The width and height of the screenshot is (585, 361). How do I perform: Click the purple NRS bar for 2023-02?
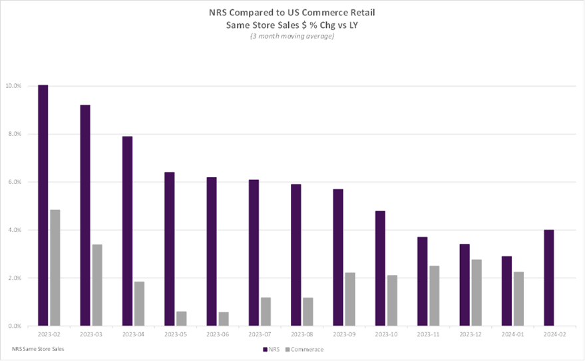coord(43,205)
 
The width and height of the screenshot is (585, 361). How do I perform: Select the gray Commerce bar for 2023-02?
coord(55,268)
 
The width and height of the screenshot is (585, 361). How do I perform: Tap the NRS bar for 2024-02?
coord(549,278)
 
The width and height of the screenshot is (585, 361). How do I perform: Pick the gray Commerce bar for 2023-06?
coord(224,319)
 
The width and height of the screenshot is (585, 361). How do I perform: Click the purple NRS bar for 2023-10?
coord(380,268)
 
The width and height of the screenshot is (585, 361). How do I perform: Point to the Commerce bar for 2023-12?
coord(477,292)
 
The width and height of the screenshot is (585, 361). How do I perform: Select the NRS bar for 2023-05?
coord(170,249)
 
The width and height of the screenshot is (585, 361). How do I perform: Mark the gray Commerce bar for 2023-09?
coord(350,299)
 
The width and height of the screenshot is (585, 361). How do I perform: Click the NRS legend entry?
coord(272,350)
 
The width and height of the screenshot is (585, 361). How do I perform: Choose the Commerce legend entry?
coord(304,350)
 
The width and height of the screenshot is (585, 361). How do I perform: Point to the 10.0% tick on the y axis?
coord(13,86)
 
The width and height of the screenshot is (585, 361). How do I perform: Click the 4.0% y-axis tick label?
coord(15,230)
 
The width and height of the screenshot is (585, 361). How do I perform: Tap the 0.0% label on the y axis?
coord(15,326)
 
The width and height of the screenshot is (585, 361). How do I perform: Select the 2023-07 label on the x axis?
coord(260,334)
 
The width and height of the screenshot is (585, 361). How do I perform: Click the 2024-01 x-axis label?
coord(512,334)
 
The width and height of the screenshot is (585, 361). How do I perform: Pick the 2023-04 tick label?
coord(133,334)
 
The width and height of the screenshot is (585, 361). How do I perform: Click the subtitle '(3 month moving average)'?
coord(292,36)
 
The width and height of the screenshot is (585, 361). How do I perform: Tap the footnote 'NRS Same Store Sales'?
coord(38,349)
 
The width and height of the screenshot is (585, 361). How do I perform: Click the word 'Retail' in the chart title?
coord(363,12)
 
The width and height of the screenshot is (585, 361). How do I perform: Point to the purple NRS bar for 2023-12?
coord(465,285)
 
